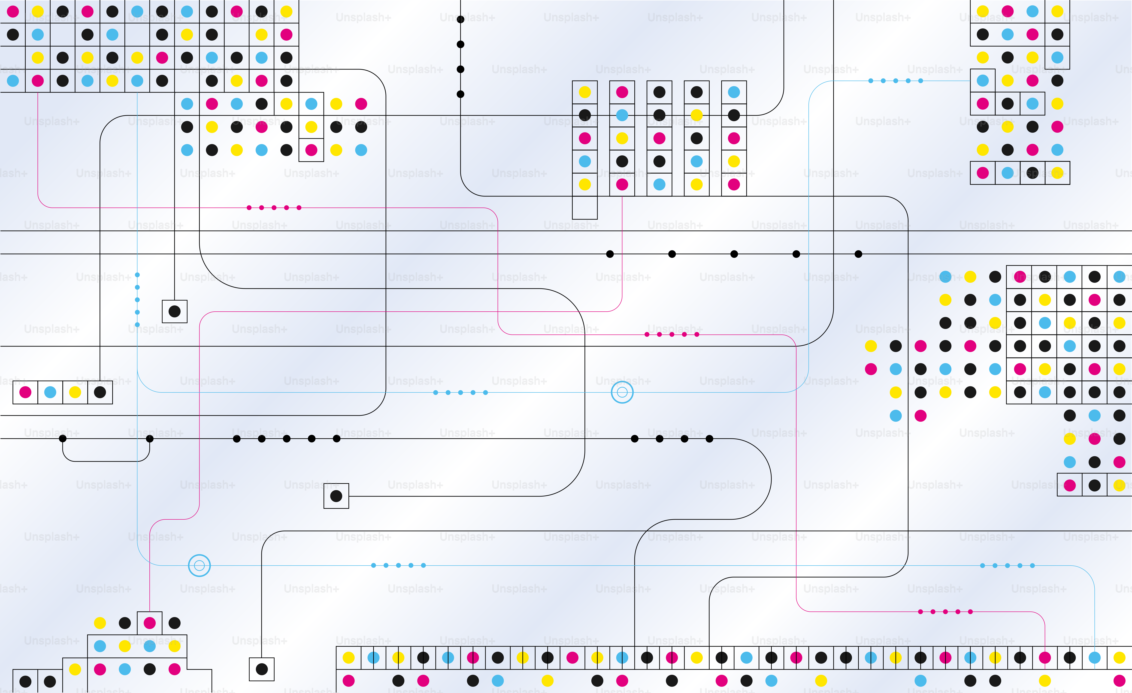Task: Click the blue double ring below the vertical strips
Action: [622, 392]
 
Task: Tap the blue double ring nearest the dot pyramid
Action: [199, 565]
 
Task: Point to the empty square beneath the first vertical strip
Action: [585, 208]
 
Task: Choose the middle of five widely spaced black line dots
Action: [734, 254]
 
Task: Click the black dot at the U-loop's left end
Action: [63, 439]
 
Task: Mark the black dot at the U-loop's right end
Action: [150, 439]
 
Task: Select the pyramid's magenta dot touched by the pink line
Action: [150, 623]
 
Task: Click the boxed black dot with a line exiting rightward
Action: [336, 496]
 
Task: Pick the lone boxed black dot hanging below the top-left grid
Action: [175, 311]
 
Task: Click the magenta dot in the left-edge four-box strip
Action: [25, 392]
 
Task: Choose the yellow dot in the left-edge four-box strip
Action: [75, 392]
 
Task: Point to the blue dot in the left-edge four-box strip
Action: [50, 392]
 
